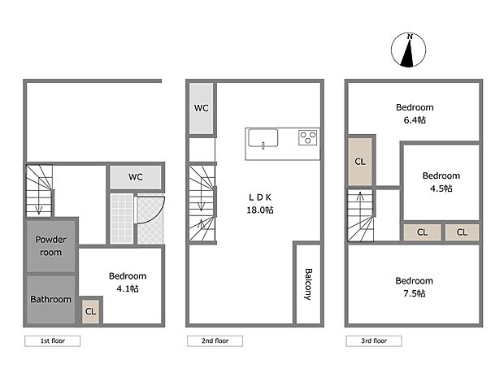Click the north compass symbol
(411, 50)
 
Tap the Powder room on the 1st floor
(52, 246)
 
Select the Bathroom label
(51, 299)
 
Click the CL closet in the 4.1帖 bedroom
(90, 310)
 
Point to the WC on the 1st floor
(136, 176)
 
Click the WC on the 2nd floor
(202, 108)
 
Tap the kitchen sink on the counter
(263, 138)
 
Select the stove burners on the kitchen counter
(308, 137)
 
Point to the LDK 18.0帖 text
(261, 203)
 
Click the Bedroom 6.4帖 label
(415, 113)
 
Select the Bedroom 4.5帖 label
(441, 181)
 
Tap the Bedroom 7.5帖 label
(415, 286)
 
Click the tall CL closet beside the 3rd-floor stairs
(359, 162)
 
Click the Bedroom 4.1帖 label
(127, 282)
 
